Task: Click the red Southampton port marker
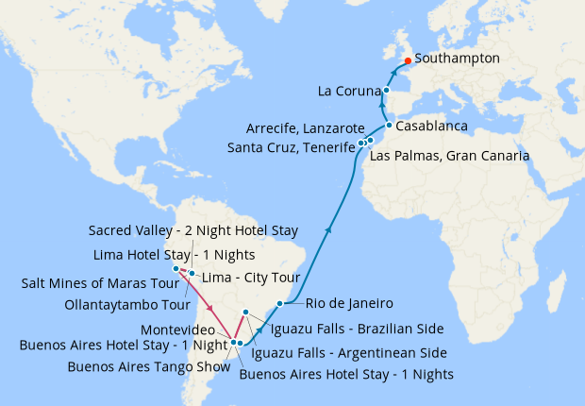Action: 407,61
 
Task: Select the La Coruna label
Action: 349,92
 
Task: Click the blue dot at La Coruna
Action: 386,91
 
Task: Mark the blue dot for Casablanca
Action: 389,125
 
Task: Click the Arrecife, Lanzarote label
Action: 305,127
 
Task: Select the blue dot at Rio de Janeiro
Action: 280,303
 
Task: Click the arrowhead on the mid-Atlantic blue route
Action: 328,228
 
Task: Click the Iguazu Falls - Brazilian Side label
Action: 357,329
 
